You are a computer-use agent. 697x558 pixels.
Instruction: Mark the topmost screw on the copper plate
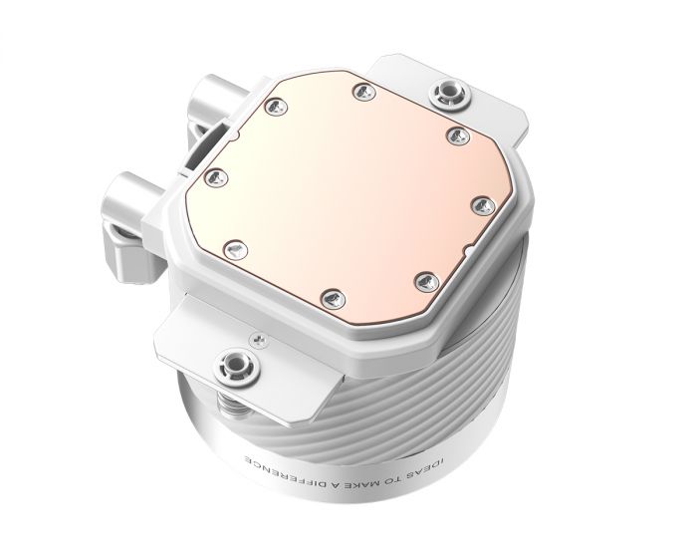357,93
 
